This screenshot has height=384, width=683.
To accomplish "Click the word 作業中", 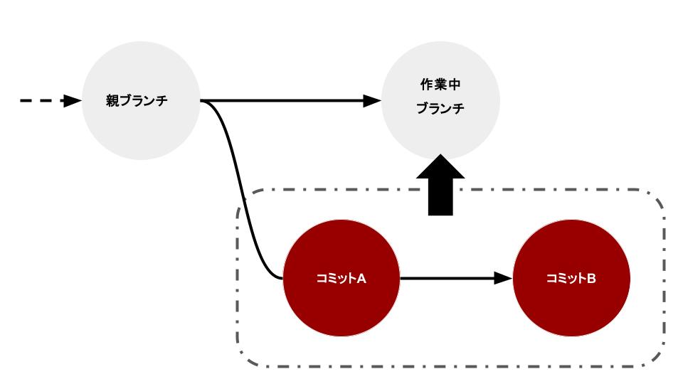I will tap(441, 85).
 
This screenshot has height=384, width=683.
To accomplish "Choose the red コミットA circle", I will tap(341, 306).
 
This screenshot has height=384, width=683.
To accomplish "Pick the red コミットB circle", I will tap(571, 306).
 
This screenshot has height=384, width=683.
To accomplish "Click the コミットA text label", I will tap(341, 278).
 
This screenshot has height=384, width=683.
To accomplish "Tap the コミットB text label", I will tap(571, 278).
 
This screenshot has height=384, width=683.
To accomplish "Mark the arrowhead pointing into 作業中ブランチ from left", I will tap(373, 101).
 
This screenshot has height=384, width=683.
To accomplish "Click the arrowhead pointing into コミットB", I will tap(503, 278).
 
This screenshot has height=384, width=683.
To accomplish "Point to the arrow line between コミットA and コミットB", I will tap(448, 278).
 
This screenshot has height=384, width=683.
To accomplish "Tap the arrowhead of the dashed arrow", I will tap(73, 101).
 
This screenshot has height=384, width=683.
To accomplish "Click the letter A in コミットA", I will tap(361, 278).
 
